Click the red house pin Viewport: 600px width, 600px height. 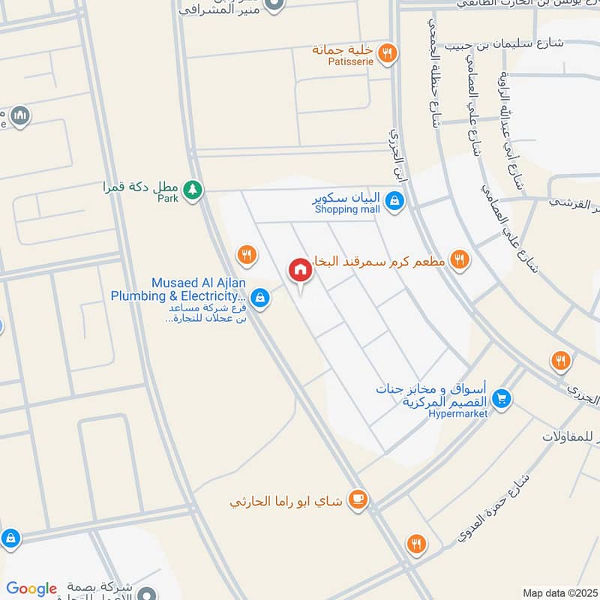coord(301,270)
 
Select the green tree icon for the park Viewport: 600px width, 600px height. coord(193,189)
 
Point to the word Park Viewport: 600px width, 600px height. coord(168,199)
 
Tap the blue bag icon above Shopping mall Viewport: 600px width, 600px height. coord(395,200)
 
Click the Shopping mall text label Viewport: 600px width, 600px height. coord(347,210)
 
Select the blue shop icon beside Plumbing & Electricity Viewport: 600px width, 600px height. coord(259,298)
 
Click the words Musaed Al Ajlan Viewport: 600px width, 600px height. coord(200,283)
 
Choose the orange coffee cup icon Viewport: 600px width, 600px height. coord(358,499)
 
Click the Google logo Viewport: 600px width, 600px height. coord(31,589)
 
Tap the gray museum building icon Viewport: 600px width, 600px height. coord(19,115)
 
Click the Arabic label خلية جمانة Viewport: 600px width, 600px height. coord(343,50)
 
